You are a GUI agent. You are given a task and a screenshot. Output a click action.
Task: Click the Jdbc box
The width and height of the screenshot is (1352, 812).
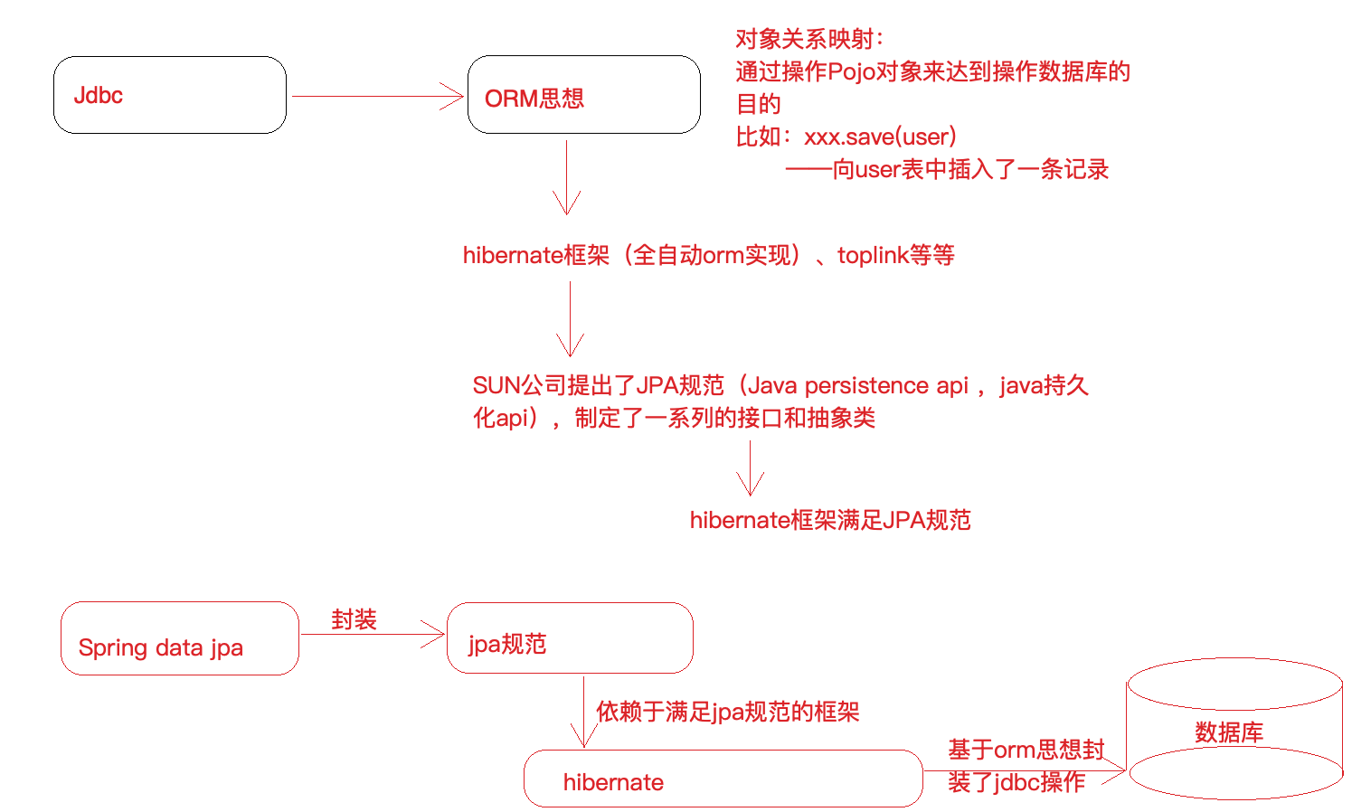pyautogui.click(x=170, y=95)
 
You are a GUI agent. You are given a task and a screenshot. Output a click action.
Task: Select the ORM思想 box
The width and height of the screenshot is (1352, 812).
pyautogui.click(x=583, y=95)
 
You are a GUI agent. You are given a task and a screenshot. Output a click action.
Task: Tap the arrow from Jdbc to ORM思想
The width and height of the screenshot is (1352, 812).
pyautogui.click(x=377, y=96)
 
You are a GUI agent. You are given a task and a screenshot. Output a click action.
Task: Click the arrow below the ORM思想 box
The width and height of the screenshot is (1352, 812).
pyautogui.click(x=566, y=176)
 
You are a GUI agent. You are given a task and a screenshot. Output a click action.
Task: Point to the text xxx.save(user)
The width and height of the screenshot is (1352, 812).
pyautogui.click(x=880, y=137)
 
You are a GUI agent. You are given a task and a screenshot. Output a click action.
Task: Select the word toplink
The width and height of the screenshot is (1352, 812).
pyautogui.click(x=873, y=256)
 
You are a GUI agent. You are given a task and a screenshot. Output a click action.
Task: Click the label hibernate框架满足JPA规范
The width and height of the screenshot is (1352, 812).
pyautogui.click(x=830, y=520)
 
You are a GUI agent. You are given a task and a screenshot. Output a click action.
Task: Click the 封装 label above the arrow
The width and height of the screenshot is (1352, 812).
pyautogui.click(x=354, y=619)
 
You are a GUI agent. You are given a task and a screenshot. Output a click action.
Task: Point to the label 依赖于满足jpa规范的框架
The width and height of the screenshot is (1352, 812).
pyautogui.click(x=727, y=712)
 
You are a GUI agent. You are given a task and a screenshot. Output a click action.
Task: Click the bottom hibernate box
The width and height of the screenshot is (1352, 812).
pyautogui.click(x=723, y=779)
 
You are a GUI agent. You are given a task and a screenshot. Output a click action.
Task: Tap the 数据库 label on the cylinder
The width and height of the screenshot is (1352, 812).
pyautogui.click(x=1229, y=732)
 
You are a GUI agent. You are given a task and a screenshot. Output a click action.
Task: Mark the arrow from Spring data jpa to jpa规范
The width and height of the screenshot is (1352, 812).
pyautogui.click(x=372, y=634)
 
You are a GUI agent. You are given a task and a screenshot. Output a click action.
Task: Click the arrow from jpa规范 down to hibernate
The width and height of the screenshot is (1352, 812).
pyautogui.click(x=584, y=712)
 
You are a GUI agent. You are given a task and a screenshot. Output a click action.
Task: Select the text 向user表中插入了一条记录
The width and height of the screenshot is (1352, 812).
pyautogui.click(x=970, y=169)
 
